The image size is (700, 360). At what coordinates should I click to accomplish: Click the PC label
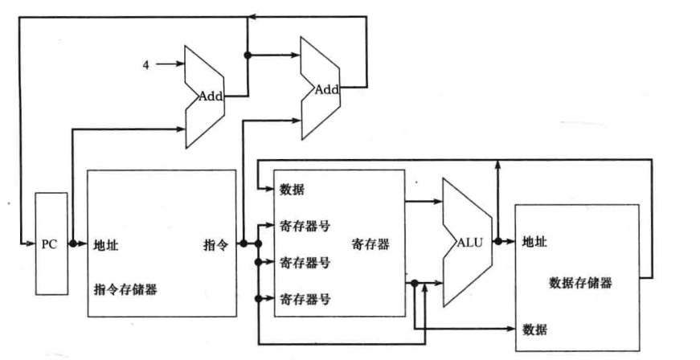49,244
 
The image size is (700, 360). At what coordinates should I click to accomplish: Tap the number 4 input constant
146,64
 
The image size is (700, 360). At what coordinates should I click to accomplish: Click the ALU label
469,243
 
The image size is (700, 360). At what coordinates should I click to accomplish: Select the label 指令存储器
125,289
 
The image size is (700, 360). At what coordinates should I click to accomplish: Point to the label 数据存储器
580,283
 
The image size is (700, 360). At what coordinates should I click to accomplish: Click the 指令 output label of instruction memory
215,245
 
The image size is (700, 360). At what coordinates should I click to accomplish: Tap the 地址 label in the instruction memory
106,245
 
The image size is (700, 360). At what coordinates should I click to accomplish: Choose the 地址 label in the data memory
534,242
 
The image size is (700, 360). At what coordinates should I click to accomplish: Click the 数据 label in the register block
292,190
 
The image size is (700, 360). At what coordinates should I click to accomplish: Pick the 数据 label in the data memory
534,330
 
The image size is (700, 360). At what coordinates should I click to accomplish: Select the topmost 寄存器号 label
305,226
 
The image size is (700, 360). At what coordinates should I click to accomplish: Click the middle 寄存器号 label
305,263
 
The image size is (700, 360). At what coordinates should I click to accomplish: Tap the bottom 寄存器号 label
305,299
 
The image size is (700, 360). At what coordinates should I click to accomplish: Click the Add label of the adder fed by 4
211,96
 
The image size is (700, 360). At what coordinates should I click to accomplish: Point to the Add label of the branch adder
327,89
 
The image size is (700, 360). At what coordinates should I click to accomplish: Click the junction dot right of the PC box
73,243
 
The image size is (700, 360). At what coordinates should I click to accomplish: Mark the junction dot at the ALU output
498,241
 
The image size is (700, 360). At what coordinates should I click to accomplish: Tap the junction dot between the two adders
248,55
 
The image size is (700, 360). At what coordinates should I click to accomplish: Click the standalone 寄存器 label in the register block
370,244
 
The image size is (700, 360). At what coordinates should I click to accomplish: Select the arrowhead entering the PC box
31,243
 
